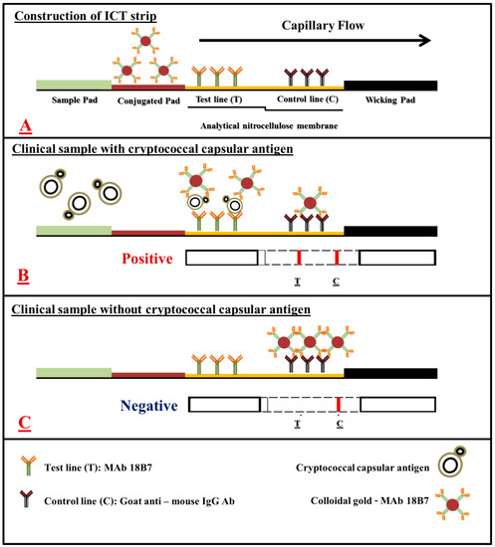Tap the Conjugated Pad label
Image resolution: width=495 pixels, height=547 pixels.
(x=148, y=100)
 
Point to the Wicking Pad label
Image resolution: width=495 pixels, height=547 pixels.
(x=390, y=100)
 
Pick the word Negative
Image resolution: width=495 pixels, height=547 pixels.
(x=146, y=405)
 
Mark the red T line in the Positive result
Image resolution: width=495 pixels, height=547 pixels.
(x=299, y=259)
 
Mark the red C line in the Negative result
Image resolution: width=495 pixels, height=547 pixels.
(x=340, y=405)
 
